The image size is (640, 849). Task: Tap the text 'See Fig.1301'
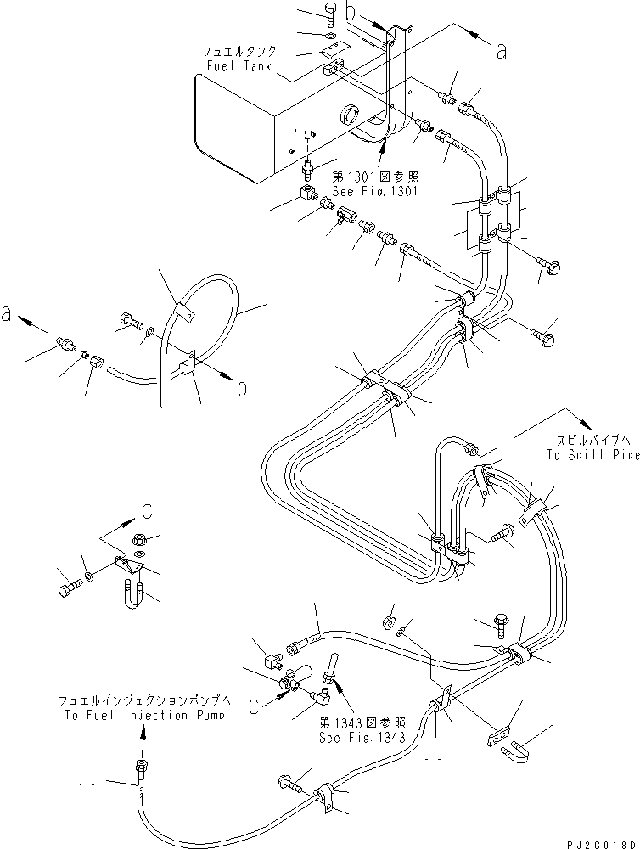click(x=376, y=191)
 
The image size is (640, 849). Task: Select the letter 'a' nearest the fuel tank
click(x=502, y=52)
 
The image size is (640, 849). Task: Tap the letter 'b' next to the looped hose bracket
click(x=242, y=389)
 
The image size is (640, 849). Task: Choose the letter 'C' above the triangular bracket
click(x=147, y=511)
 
